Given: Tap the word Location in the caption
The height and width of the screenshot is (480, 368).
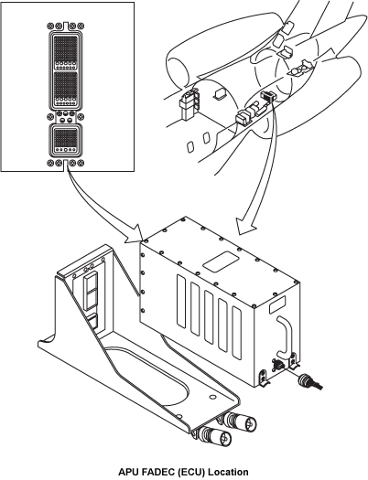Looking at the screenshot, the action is tap(228, 472).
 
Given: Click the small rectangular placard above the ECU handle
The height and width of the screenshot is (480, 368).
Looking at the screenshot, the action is tap(277, 304).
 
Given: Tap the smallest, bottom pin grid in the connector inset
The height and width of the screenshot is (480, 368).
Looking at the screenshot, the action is tap(65, 138).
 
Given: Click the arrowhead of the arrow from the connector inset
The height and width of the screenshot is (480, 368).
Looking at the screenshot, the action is tap(135, 234).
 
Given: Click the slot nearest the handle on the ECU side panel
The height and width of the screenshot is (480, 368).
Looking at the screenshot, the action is tap(237, 333).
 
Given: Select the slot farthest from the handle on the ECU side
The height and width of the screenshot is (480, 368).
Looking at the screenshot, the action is tap(181, 299).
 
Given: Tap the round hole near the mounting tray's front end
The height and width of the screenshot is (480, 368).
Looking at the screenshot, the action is tap(211, 397).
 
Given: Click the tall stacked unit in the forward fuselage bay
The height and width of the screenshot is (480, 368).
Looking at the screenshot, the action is tap(189, 104).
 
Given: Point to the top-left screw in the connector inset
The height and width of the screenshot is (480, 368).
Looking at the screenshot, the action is tap(50, 26).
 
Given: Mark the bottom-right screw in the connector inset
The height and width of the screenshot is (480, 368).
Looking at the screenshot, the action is tap(81, 163).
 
